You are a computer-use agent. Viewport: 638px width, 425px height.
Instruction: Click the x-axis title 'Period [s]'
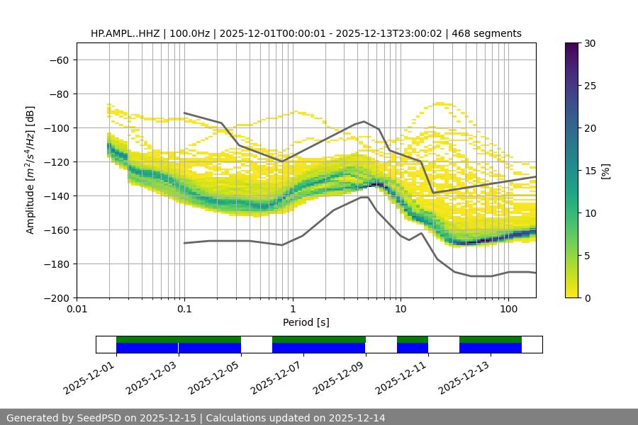pos(306,322)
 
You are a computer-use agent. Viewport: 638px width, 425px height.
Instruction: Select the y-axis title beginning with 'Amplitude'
pos(30,170)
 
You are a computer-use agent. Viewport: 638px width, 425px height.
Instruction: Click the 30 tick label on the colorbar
pos(589,43)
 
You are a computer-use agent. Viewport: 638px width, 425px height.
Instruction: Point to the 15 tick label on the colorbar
pos(589,170)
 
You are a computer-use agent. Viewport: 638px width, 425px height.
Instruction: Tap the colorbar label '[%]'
pos(605,170)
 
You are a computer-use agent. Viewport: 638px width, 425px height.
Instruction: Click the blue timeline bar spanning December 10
pos(413,348)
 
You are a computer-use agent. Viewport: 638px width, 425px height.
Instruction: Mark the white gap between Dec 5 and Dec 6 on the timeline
pos(257,344)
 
